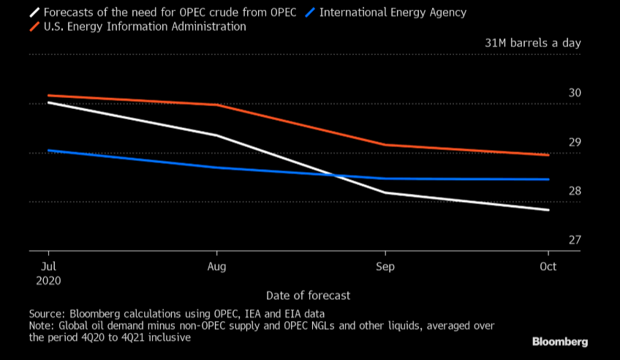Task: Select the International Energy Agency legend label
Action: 393,12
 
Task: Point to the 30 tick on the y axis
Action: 574,94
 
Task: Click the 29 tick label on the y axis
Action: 574,142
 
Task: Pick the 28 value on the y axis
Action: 574,192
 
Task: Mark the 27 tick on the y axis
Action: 574,240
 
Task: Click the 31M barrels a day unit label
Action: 533,43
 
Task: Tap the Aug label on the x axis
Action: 216,266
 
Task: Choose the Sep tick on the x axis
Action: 385,266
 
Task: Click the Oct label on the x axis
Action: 548,266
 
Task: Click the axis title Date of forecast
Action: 308,296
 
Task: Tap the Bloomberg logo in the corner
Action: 559,342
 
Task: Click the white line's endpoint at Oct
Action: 549,210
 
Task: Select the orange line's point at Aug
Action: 216,105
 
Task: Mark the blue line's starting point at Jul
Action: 48,150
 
